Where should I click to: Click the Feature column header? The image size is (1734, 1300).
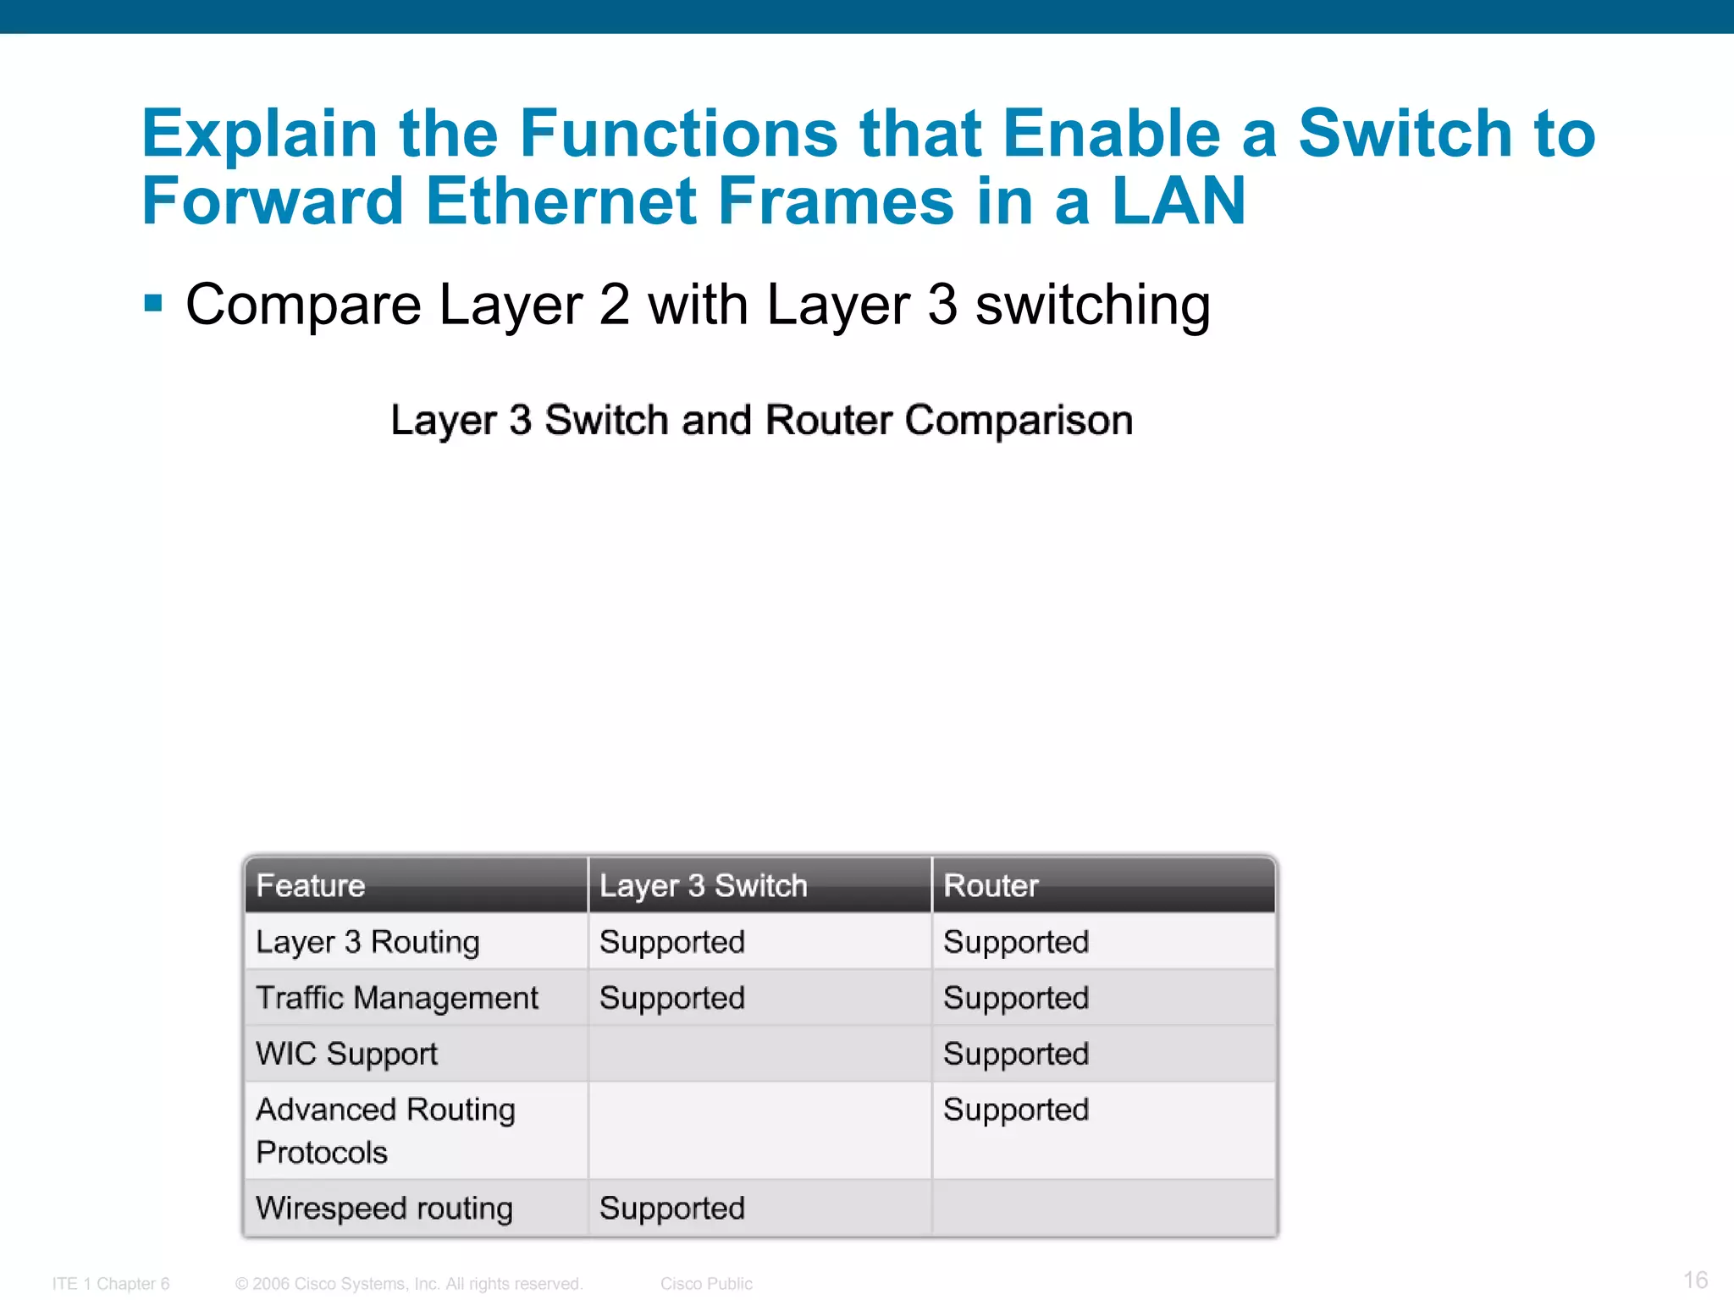pyautogui.click(x=311, y=885)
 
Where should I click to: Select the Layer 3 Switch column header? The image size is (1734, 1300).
pyautogui.click(x=703, y=885)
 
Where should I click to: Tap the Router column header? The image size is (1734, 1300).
pyautogui.click(x=991, y=885)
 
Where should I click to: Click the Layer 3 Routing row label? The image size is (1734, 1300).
pyautogui.click(x=367, y=942)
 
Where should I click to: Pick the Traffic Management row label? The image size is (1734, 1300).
pyautogui.click(x=397, y=998)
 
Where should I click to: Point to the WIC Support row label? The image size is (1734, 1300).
pyautogui.click(x=346, y=1054)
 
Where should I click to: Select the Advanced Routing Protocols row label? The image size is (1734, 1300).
pyautogui.click(x=385, y=1131)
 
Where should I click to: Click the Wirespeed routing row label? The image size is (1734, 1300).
pyautogui.click(x=384, y=1208)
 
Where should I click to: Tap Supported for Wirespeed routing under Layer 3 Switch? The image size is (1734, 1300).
pyautogui.click(x=672, y=1208)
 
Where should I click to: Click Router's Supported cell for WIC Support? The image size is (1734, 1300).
pyautogui.click(x=1016, y=1054)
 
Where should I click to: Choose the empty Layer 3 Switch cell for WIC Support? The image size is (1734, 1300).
pyautogui.click(x=759, y=1054)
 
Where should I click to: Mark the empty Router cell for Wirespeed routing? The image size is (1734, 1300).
pyautogui.click(x=1103, y=1208)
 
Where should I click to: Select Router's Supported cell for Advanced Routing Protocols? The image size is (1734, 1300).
pyautogui.click(x=1016, y=1110)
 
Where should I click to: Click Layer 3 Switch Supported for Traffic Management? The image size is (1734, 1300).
pyautogui.click(x=672, y=998)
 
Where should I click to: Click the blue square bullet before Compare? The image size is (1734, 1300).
pyautogui.click(x=153, y=303)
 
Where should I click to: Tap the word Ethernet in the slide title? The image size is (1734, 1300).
pyautogui.click(x=561, y=201)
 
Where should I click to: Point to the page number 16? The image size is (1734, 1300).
pyautogui.click(x=1695, y=1280)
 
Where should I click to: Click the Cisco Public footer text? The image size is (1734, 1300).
pyautogui.click(x=706, y=1284)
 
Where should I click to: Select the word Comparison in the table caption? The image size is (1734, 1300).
pyautogui.click(x=1019, y=420)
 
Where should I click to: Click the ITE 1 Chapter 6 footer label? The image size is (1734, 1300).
pyautogui.click(x=111, y=1284)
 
